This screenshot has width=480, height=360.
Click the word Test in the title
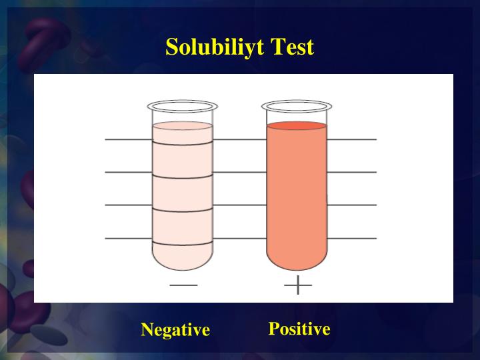point(291,47)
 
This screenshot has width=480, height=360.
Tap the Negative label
point(175,329)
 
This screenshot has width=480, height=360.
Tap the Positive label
point(299,329)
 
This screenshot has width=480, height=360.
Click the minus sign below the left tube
point(183,285)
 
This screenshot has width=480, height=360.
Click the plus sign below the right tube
point(298,285)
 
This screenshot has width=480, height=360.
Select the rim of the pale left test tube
point(183,106)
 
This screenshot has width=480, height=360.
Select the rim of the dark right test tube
point(297,106)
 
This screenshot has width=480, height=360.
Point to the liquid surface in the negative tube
point(183,125)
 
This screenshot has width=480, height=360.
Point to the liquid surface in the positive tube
point(297,125)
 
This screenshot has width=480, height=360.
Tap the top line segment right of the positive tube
point(352,139)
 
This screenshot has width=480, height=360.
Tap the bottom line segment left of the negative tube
point(129,238)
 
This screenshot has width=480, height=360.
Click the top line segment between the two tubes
point(240,139)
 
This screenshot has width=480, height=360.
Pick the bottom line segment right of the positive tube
point(352,238)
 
